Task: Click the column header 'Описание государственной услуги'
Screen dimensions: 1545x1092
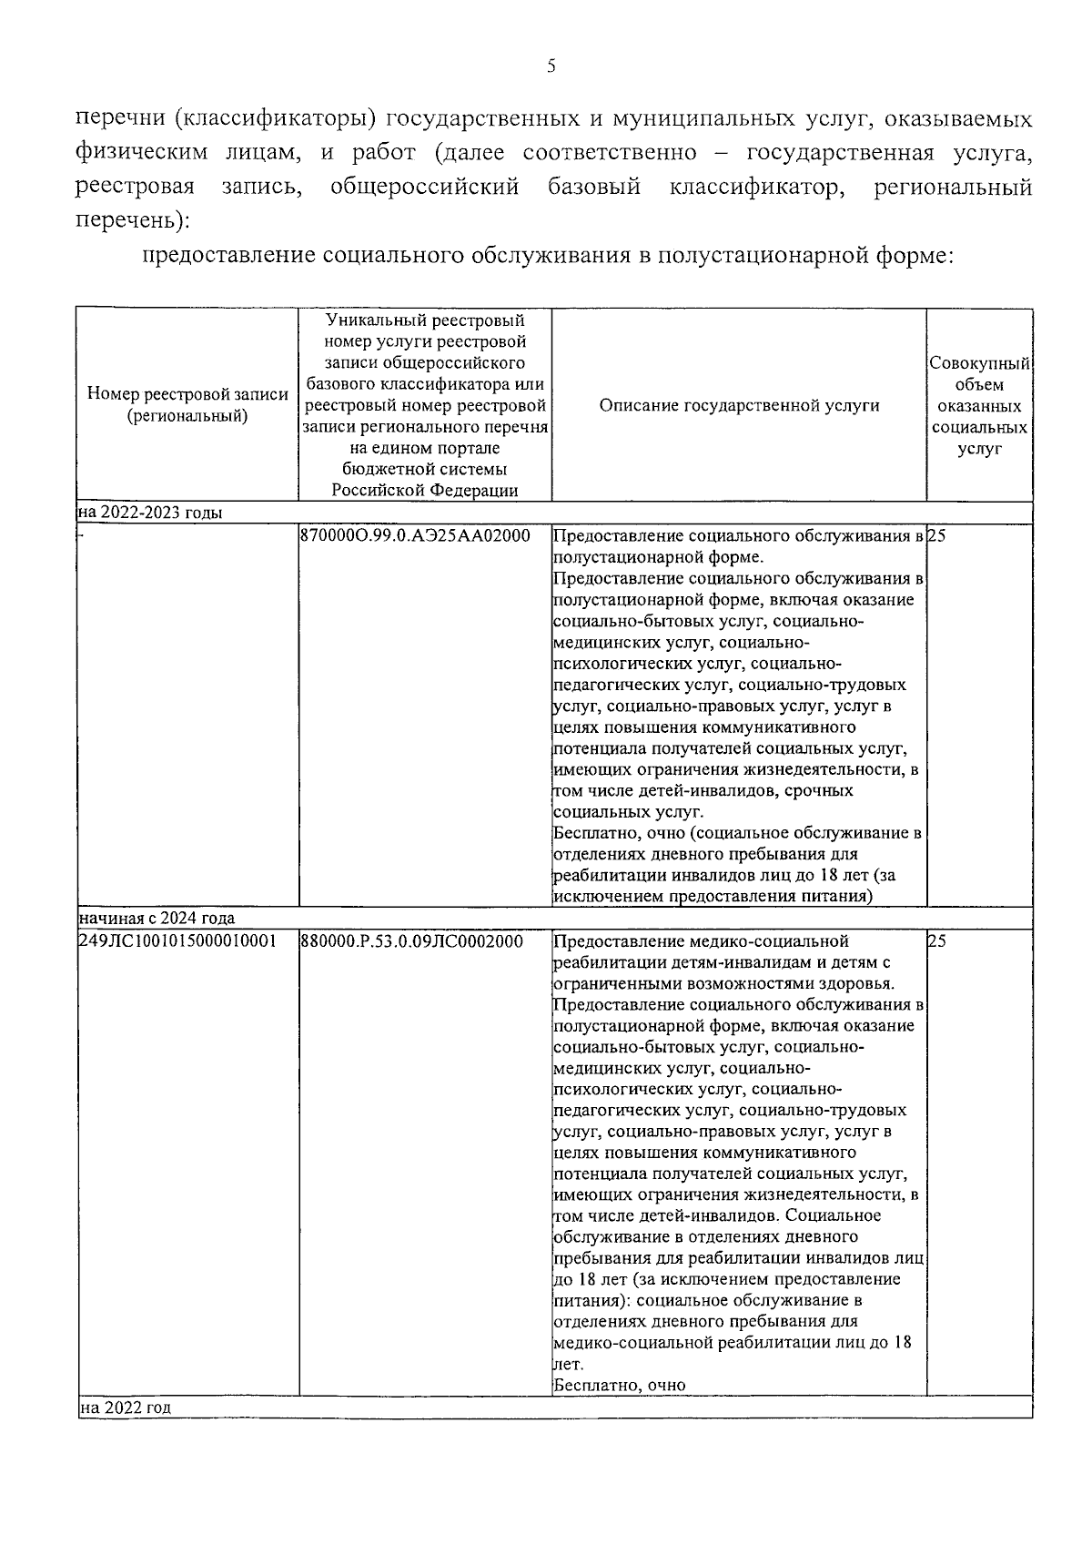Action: [x=739, y=406]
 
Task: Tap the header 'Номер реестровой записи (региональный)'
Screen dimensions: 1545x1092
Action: [x=187, y=405]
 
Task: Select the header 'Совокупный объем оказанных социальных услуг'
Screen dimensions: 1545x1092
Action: [x=979, y=406]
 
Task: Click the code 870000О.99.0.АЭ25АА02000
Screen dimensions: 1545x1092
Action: [x=414, y=535]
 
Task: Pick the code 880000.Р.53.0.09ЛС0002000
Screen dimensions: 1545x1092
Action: [x=411, y=940]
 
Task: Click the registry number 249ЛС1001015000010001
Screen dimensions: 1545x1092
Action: [x=178, y=940]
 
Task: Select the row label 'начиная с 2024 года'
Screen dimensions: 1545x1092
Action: [x=157, y=918]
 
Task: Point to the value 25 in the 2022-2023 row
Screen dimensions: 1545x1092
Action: [x=937, y=535]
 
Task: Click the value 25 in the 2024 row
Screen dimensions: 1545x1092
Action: [x=937, y=940]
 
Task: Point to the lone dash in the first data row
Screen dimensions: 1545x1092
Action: [x=81, y=535]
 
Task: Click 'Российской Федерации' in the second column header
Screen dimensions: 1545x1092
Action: [x=425, y=490]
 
